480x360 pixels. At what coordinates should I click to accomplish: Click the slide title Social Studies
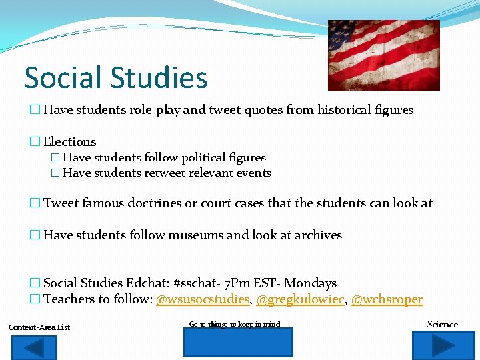(x=116, y=77)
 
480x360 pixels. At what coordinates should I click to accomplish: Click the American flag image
(x=383, y=55)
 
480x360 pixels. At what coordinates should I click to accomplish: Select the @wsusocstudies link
(x=203, y=299)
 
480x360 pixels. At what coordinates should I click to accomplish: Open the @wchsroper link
(x=387, y=299)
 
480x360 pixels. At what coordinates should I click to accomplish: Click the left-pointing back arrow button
(x=35, y=346)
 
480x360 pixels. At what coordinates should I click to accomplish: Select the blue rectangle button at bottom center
(x=238, y=343)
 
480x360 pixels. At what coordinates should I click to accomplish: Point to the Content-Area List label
(x=39, y=327)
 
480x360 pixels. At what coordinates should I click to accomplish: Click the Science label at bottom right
(x=443, y=324)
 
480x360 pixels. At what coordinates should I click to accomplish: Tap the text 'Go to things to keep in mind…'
(x=237, y=324)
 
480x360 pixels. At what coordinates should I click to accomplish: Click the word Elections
(x=70, y=142)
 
